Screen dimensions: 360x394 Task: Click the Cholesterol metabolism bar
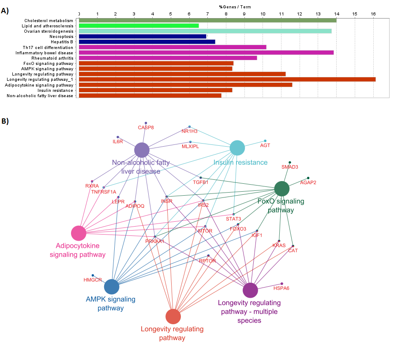(207, 20)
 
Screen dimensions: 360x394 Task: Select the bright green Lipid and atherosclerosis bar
(139, 26)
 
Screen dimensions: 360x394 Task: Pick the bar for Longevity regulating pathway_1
(227, 80)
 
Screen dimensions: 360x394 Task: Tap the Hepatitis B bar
(146, 42)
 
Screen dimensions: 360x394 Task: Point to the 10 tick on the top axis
(263, 14)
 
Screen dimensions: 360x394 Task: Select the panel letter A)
(5, 11)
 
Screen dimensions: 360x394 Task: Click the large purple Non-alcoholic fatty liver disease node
(142, 150)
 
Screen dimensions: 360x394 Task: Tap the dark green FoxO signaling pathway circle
(281, 189)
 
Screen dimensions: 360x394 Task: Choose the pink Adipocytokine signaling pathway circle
(79, 233)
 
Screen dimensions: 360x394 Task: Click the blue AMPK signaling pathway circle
(112, 287)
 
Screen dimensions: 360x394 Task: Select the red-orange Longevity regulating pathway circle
(173, 316)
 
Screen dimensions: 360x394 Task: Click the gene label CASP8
(146, 128)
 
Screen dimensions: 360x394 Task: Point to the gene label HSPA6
(281, 288)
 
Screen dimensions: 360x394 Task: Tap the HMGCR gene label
(93, 280)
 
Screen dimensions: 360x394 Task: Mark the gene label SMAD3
(290, 167)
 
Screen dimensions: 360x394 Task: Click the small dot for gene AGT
(265, 140)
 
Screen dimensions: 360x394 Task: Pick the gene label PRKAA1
(154, 241)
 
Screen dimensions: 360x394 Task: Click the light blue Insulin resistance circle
(237, 148)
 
